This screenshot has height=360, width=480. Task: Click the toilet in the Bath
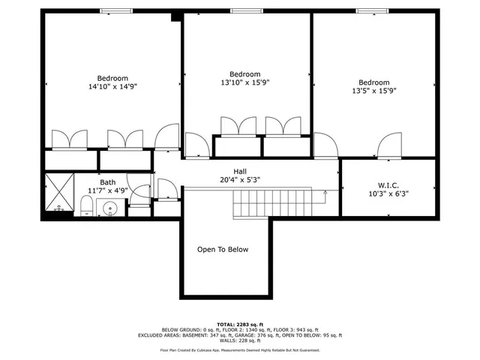(x=86, y=208)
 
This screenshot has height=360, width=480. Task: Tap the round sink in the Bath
(x=109, y=209)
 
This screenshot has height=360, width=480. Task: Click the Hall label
(x=240, y=171)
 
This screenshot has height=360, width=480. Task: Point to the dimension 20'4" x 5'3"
(x=240, y=180)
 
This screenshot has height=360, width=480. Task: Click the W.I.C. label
(x=388, y=184)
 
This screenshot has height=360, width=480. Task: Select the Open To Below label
(x=222, y=250)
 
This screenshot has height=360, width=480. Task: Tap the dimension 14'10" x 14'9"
(x=112, y=87)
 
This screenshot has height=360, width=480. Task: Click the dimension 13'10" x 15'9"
(x=244, y=82)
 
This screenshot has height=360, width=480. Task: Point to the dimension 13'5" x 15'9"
(x=373, y=91)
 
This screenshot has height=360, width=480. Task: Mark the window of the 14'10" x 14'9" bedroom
(x=113, y=11)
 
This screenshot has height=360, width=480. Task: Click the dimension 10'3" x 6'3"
(x=388, y=193)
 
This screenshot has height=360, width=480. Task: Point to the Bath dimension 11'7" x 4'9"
(x=109, y=190)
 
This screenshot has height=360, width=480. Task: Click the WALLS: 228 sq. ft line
(x=239, y=341)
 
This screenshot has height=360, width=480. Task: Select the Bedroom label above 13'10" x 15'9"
(x=244, y=74)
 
